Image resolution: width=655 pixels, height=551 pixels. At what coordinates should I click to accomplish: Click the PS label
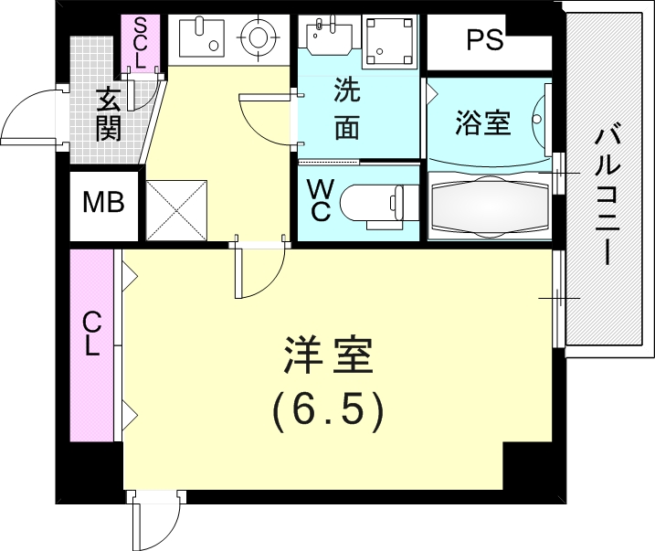[484, 42]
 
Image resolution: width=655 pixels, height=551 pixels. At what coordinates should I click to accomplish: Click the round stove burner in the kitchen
[257, 37]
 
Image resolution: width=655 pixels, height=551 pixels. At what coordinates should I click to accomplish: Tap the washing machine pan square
[388, 40]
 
